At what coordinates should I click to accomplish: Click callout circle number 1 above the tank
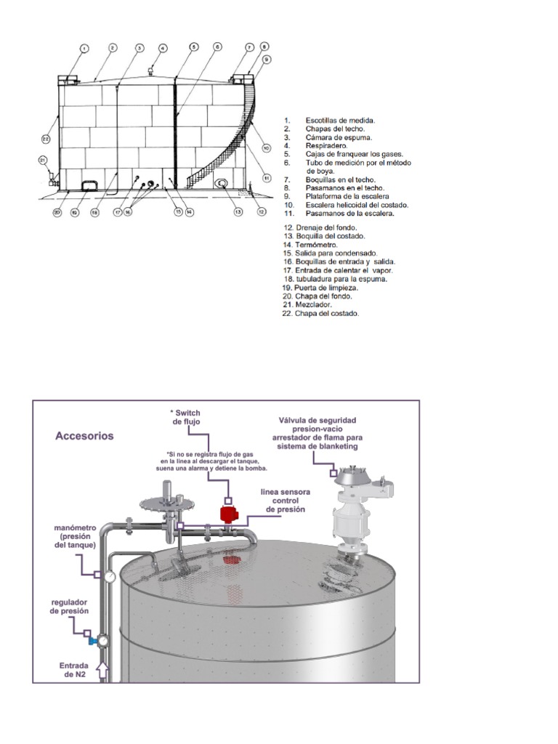tap(84, 49)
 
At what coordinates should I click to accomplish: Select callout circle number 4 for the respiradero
tap(163, 49)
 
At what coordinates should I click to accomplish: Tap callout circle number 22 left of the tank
tap(45, 138)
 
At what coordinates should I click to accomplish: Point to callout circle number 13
tap(237, 212)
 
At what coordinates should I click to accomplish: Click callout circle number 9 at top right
tap(267, 59)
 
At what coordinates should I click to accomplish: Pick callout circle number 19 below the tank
tap(74, 213)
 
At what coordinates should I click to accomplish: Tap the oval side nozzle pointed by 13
tap(221, 184)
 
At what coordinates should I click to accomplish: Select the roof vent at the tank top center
tap(151, 71)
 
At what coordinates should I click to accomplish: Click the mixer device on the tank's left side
tap(52, 177)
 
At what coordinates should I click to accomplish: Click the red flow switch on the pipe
tap(230, 515)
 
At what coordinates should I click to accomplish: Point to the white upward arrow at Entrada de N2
tap(102, 670)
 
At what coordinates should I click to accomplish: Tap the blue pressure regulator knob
tap(92, 642)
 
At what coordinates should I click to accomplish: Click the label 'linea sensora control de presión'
tap(286, 501)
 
